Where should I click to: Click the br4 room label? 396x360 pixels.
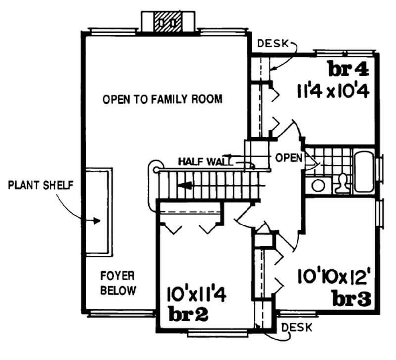pyautogui.click(x=347, y=69)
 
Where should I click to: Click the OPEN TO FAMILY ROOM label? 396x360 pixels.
pyautogui.click(x=162, y=99)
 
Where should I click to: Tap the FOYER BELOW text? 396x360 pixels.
pyautogui.click(x=118, y=283)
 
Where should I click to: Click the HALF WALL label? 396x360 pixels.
pyautogui.click(x=199, y=161)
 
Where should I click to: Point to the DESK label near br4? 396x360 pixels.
pyautogui.click(x=273, y=44)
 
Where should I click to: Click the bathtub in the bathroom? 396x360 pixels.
pyautogui.click(x=364, y=171)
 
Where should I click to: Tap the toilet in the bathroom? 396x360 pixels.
pyautogui.click(x=341, y=183)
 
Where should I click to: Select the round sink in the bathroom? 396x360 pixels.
pyautogui.click(x=318, y=185)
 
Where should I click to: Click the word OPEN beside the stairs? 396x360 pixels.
pyautogui.click(x=289, y=158)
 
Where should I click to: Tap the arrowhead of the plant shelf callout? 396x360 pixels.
pyautogui.click(x=99, y=221)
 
